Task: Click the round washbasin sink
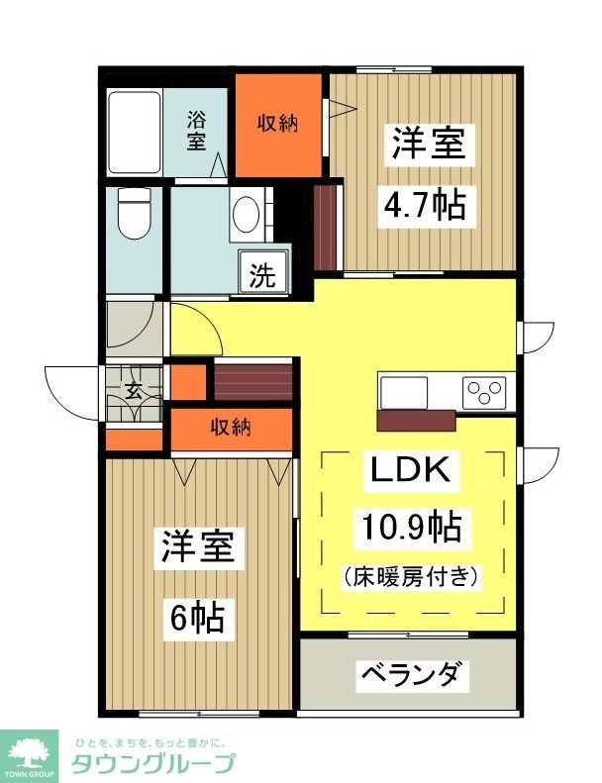pos(246,213)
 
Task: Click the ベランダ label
pos(409,675)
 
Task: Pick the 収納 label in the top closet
pos(279,123)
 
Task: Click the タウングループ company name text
pos(152,763)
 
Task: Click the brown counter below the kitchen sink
pos(416,420)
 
